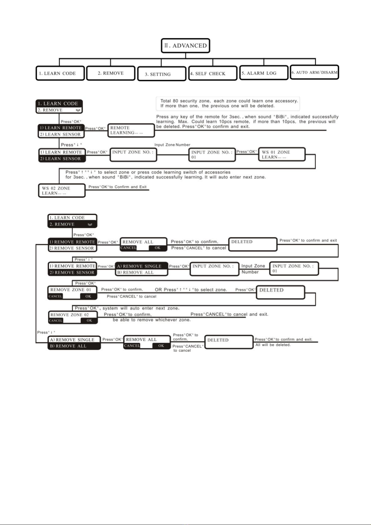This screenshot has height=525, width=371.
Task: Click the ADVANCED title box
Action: point(185,46)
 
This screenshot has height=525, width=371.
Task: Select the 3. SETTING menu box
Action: point(162,74)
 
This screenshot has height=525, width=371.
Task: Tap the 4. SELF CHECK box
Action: point(213,74)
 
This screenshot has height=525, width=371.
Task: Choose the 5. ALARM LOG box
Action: point(264,73)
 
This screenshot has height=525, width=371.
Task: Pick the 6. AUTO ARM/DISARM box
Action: point(314,72)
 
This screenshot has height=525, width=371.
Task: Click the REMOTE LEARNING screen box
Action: point(131,130)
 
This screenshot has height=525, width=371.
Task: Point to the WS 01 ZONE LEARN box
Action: point(282,155)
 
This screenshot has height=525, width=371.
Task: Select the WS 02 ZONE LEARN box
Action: point(62,191)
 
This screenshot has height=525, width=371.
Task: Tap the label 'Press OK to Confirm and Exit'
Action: point(117,187)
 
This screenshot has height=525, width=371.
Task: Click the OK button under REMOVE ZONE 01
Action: point(88,296)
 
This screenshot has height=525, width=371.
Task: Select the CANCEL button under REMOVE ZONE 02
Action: point(56,321)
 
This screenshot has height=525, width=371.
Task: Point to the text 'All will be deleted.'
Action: point(273,345)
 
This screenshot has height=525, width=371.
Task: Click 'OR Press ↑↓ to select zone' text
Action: point(191,290)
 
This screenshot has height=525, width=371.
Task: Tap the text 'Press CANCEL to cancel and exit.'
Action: point(229,314)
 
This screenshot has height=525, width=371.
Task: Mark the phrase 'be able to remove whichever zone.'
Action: point(151,320)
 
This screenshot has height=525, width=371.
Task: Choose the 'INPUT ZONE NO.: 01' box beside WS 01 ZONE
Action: point(212,155)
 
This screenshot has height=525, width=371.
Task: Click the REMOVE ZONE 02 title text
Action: point(69,315)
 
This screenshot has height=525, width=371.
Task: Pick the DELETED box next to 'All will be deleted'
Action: point(229,342)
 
